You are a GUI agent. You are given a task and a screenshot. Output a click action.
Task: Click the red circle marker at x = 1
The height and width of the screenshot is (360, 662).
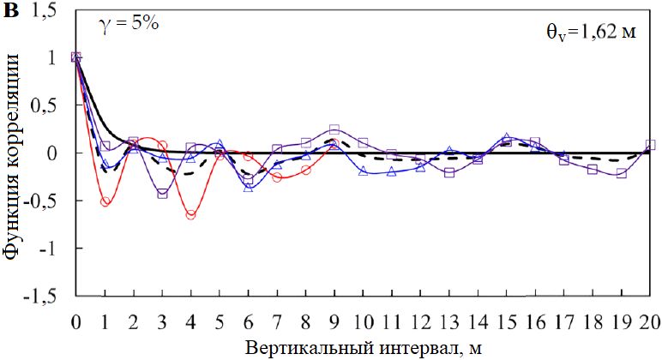pyautogui.click(x=105, y=202)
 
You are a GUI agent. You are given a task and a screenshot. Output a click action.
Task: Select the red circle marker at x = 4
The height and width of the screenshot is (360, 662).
pyautogui.click(x=190, y=215)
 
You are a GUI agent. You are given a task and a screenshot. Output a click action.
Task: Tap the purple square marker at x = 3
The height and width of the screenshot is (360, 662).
pyautogui.click(x=162, y=194)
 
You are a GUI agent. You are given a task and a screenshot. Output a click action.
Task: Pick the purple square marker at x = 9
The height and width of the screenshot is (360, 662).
pyautogui.click(x=334, y=129)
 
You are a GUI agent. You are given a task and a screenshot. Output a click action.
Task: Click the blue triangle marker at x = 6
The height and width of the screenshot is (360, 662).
pyautogui.click(x=249, y=186)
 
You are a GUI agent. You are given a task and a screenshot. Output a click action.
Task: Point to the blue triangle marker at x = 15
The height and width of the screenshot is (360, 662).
pyautogui.click(x=507, y=137)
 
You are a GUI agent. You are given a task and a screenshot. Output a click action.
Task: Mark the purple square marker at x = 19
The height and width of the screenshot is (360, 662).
pyautogui.click(x=622, y=173)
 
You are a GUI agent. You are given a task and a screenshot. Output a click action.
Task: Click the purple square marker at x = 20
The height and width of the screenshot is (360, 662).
pyautogui.click(x=650, y=145)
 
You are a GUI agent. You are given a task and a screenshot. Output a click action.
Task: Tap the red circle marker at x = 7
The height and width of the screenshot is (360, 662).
pyautogui.click(x=277, y=177)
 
